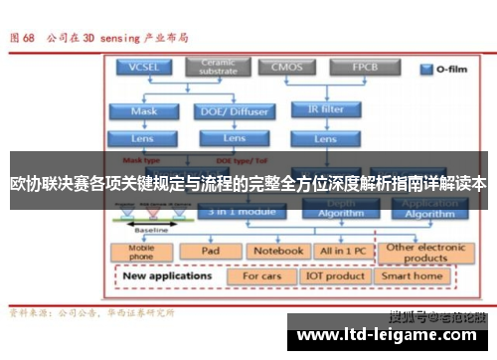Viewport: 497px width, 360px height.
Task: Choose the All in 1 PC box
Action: [x=341, y=251]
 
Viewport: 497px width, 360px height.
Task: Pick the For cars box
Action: [x=262, y=274]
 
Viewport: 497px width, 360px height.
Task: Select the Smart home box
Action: [x=412, y=274]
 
